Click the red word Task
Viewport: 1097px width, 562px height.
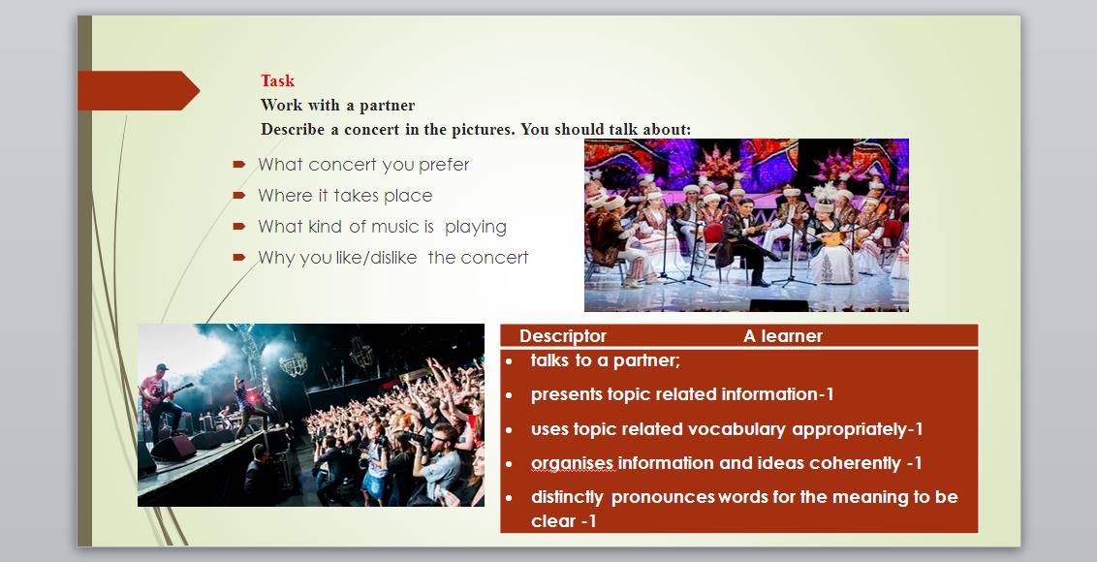click(x=278, y=80)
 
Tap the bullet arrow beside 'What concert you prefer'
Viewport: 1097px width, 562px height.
click(x=239, y=165)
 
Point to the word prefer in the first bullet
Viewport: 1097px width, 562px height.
click(x=444, y=165)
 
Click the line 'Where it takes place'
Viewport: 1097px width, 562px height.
click(x=345, y=196)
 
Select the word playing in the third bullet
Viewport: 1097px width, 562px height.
click(x=476, y=228)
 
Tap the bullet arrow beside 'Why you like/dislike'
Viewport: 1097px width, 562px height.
click(x=239, y=258)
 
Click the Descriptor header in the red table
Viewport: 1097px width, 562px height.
click(x=562, y=336)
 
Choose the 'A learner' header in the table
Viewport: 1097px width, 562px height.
click(x=782, y=336)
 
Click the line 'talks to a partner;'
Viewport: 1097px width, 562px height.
click(x=605, y=360)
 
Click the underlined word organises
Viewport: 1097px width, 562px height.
click(x=573, y=463)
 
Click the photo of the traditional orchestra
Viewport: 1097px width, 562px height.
click(x=746, y=225)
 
